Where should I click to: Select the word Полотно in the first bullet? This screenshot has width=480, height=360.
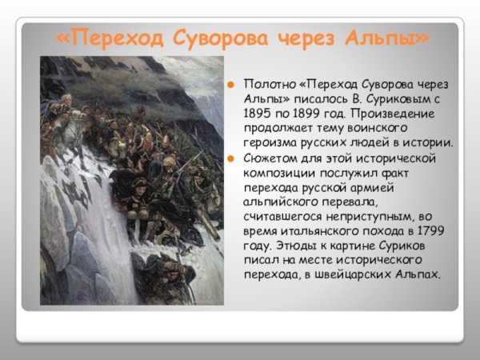270,85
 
